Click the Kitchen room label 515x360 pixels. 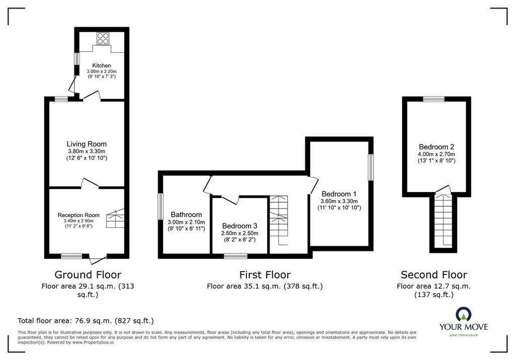click(x=102, y=65)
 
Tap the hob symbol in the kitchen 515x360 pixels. click(x=103, y=38)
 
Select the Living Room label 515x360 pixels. click(x=87, y=144)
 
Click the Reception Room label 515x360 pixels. click(x=78, y=215)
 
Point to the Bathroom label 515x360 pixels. click(x=186, y=215)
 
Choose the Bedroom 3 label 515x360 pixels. click(x=240, y=226)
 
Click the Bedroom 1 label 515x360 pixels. click(x=339, y=194)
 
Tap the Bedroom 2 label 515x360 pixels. click(x=437, y=147)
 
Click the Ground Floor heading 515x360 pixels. click(x=88, y=274)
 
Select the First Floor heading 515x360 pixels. click(x=265, y=274)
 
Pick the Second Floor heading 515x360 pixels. click(x=434, y=274)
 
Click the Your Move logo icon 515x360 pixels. click(x=464, y=314)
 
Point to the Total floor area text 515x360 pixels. click(x=85, y=321)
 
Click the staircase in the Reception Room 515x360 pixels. click(x=116, y=218)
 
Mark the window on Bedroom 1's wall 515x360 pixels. click(x=371, y=167)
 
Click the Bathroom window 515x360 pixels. click(x=160, y=206)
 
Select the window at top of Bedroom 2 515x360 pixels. click(x=434, y=99)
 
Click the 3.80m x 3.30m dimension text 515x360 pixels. click(x=87, y=151)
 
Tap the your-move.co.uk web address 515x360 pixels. click(x=464, y=335)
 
